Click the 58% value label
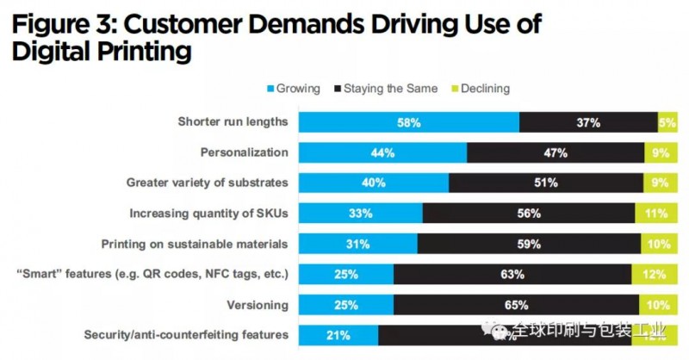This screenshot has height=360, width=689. click(408, 122)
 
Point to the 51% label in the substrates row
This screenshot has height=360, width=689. click(546, 183)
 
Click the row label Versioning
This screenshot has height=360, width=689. click(256, 304)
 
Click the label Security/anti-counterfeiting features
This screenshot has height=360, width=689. click(185, 334)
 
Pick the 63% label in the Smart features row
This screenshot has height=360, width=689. click(512, 274)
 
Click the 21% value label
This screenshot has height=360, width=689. click(337, 334)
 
